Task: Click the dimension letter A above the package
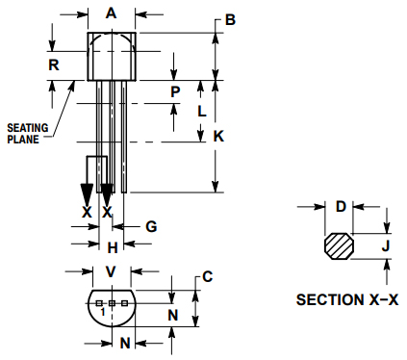click(x=112, y=13)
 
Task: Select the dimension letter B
click(x=230, y=19)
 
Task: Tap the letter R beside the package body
click(x=55, y=64)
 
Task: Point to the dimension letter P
click(x=175, y=91)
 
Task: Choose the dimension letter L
click(x=200, y=111)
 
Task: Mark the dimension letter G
click(x=150, y=226)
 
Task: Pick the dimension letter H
click(x=112, y=247)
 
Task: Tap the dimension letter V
click(x=111, y=271)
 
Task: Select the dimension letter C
click(x=208, y=277)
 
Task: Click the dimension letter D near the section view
click(x=340, y=206)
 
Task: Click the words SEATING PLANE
click(x=25, y=133)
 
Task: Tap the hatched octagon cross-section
click(x=339, y=246)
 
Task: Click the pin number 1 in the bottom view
click(x=102, y=312)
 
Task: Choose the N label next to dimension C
click(x=172, y=314)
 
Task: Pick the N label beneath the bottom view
click(x=124, y=343)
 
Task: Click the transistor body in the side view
click(x=112, y=57)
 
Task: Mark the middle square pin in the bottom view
click(x=112, y=303)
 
